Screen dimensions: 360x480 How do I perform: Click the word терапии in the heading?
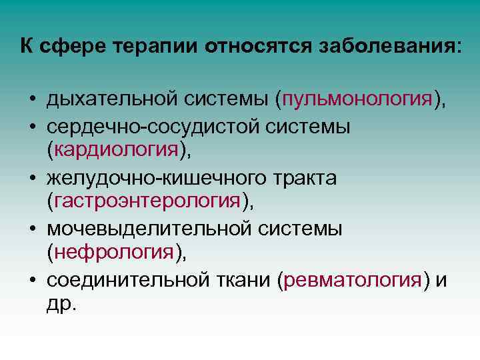point(158,47)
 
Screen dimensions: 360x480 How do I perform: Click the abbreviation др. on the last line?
point(63,305)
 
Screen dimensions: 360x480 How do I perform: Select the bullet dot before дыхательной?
point(32,101)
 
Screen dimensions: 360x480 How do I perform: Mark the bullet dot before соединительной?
point(32,281)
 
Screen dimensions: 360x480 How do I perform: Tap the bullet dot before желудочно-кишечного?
point(32,178)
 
